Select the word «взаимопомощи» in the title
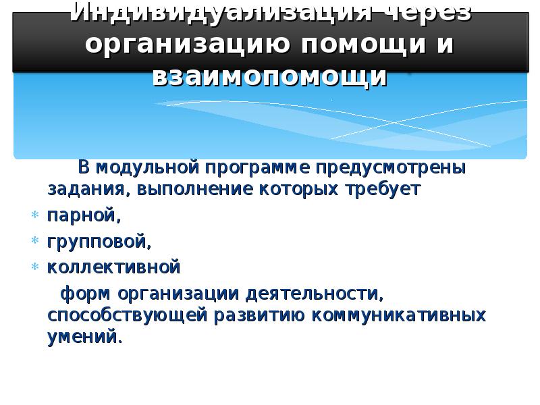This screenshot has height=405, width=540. (270, 76)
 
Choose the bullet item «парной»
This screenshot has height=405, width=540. (82, 216)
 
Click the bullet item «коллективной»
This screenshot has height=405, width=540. (113, 268)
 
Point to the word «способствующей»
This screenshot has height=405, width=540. (128, 316)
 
